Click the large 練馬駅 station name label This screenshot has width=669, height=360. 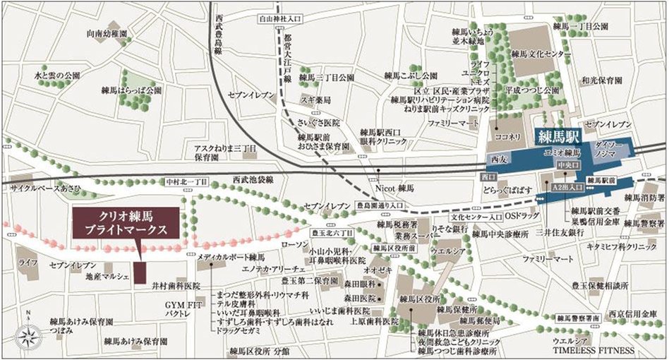tap(557, 133)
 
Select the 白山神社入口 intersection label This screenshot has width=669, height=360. tap(282, 19)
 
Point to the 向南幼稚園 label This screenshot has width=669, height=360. tap(106, 33)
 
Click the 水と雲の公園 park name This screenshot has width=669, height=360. tap(57, 74)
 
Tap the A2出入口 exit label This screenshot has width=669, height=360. tap(567, 187)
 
